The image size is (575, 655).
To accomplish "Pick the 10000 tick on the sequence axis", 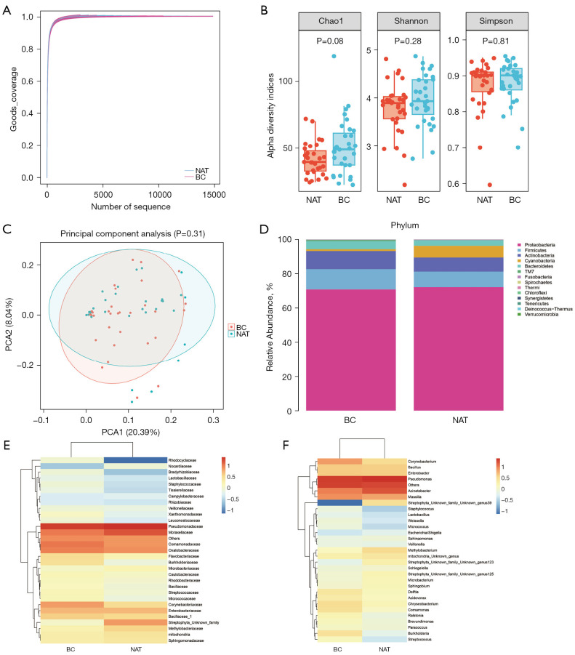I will pyautogui.click(x=159, y=195).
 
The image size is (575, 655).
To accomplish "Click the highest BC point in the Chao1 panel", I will pyautogui.click(x=334, y=56).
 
